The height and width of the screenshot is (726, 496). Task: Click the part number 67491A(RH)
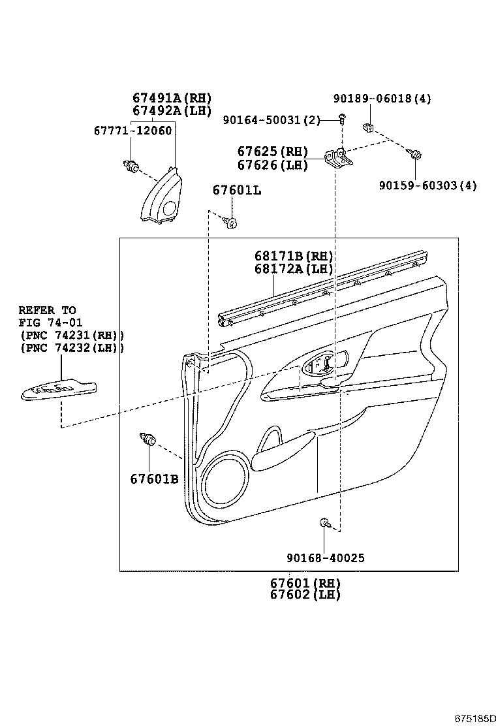coord(172,99)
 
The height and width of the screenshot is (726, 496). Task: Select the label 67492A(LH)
coord(172,110)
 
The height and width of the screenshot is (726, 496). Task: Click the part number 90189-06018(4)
coord(382,99)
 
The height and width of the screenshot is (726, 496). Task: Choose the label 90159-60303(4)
coord(427,185)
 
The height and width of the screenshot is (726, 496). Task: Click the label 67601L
coord(237,190)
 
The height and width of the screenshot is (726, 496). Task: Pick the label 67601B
coord(154,479)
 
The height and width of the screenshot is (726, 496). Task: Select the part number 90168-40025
coord(324,558)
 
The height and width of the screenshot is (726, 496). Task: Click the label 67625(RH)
coord(274,151)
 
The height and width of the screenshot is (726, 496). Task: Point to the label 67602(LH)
coord(305,595)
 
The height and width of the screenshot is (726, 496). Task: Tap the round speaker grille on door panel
coord(225,481)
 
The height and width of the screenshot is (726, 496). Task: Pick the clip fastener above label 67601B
coord(147,439)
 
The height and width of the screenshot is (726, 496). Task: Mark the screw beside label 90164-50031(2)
coord(341,119)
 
